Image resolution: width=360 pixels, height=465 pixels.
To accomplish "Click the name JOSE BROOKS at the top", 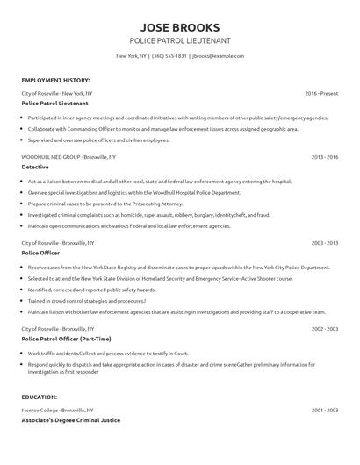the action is tap(180, 26).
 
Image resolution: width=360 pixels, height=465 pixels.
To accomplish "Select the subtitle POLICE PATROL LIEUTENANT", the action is tap(180, 40).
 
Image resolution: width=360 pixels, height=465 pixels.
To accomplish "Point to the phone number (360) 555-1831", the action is tap(169, 56).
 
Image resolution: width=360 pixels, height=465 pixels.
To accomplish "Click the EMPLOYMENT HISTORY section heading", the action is tap(54, 79).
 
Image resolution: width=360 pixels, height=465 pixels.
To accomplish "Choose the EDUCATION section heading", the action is tap(40, 397).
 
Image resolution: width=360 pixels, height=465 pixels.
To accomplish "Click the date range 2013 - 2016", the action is tap(325, 156).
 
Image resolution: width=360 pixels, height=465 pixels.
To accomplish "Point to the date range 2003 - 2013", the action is tap(325, 241).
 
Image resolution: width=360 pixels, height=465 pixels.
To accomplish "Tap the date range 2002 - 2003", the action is tap(325, 328).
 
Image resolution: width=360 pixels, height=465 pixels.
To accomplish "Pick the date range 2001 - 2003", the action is tap(325, 411).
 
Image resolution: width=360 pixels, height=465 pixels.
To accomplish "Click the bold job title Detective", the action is tap(35, 166).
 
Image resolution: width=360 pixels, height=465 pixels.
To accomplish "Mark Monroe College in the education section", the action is tap(41, 411).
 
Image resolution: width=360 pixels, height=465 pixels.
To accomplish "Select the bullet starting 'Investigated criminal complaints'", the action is tap(149, 214).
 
